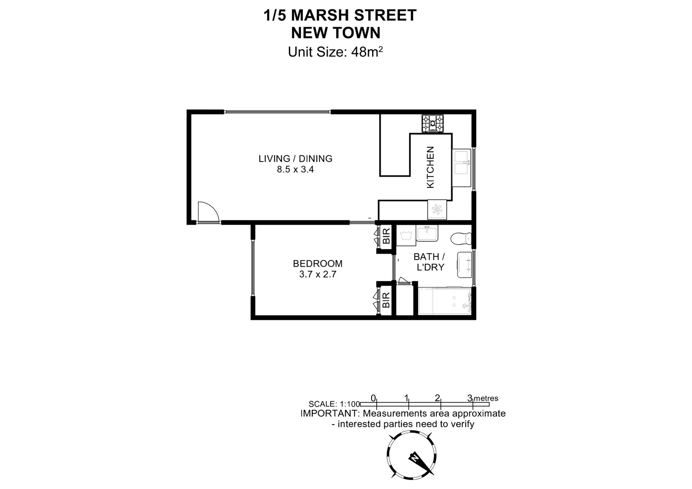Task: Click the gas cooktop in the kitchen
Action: pos(433,123)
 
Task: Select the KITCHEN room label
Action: pos(430,167)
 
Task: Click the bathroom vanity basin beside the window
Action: pos(465,265)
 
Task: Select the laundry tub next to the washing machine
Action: pos(427,234)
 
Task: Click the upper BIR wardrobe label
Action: pos(386,237)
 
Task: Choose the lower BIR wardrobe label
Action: pos(386,300)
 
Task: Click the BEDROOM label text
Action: pos(318,264)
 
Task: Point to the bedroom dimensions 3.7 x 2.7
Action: pos(318,274)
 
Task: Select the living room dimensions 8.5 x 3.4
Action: pos(295,170)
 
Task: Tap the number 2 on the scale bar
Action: pos(437,398)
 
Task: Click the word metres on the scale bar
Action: pos(486,398)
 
